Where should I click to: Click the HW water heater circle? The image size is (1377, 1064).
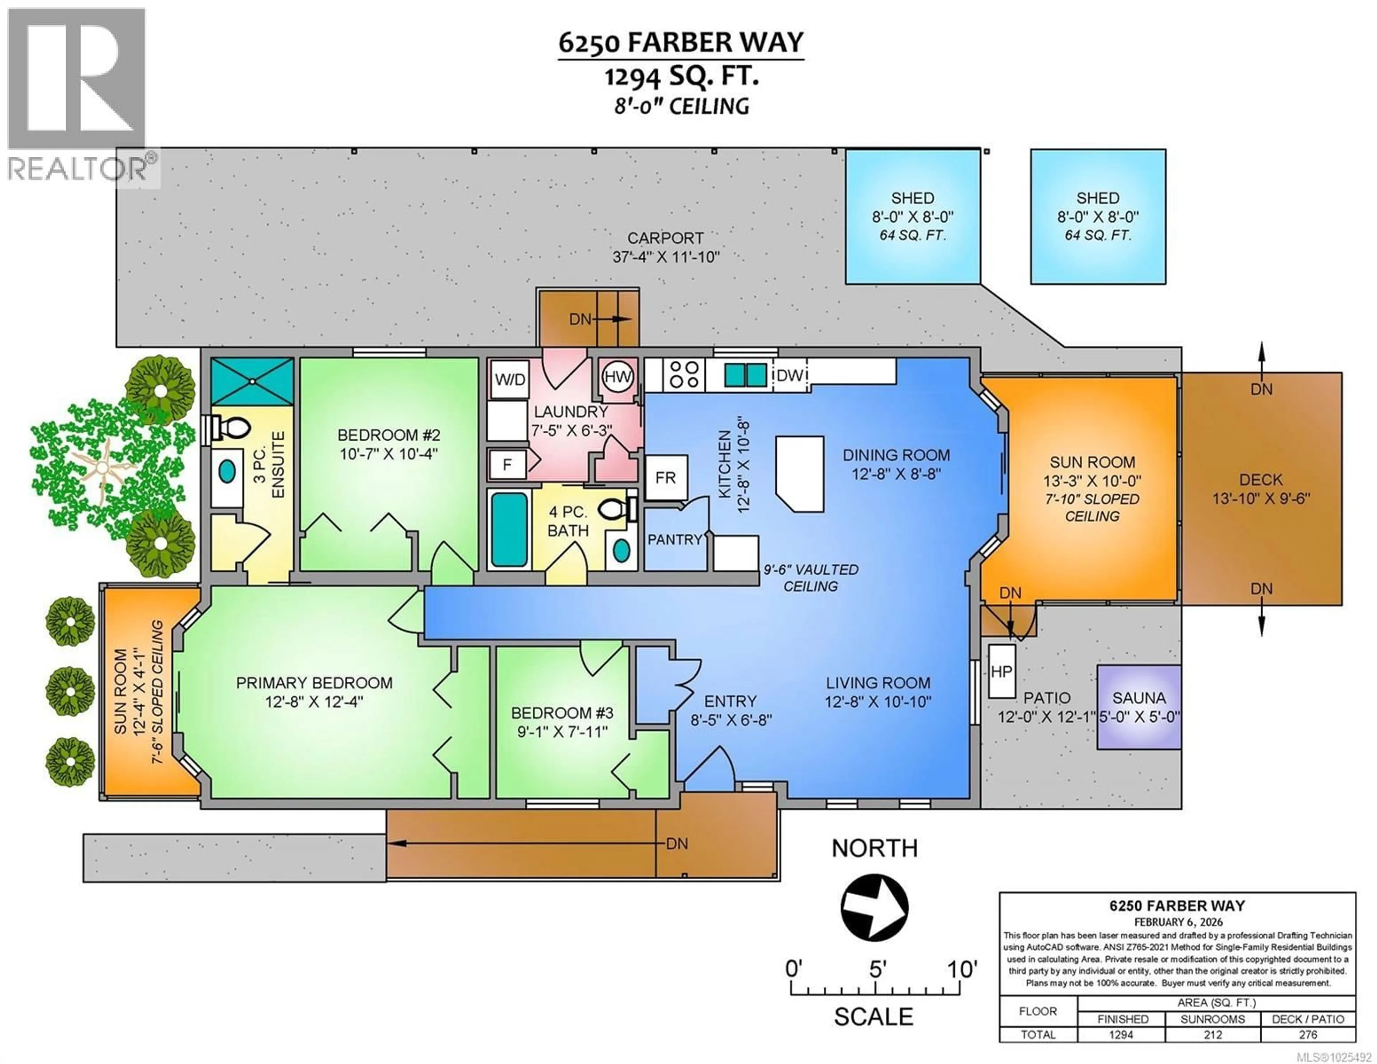617,377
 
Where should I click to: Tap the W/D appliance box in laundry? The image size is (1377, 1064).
510,379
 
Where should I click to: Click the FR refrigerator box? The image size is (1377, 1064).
666,477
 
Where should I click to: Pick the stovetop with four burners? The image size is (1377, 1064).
684,375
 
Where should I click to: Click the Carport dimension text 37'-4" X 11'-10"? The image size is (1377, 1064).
666,257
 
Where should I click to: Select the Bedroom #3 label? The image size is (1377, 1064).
562,713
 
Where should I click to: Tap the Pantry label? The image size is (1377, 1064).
675,539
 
